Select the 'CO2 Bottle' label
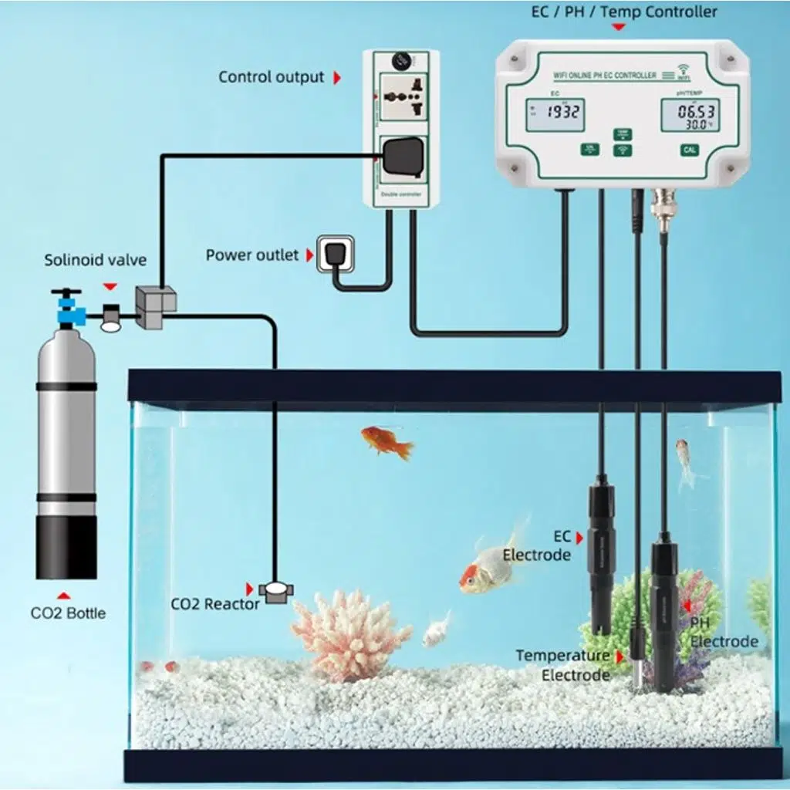[68, 613]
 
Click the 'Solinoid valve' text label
[95, 260]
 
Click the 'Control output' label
[271, 77]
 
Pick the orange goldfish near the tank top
[387, 441]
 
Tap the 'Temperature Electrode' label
[562, 665]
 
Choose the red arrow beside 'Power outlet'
[310, 255]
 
